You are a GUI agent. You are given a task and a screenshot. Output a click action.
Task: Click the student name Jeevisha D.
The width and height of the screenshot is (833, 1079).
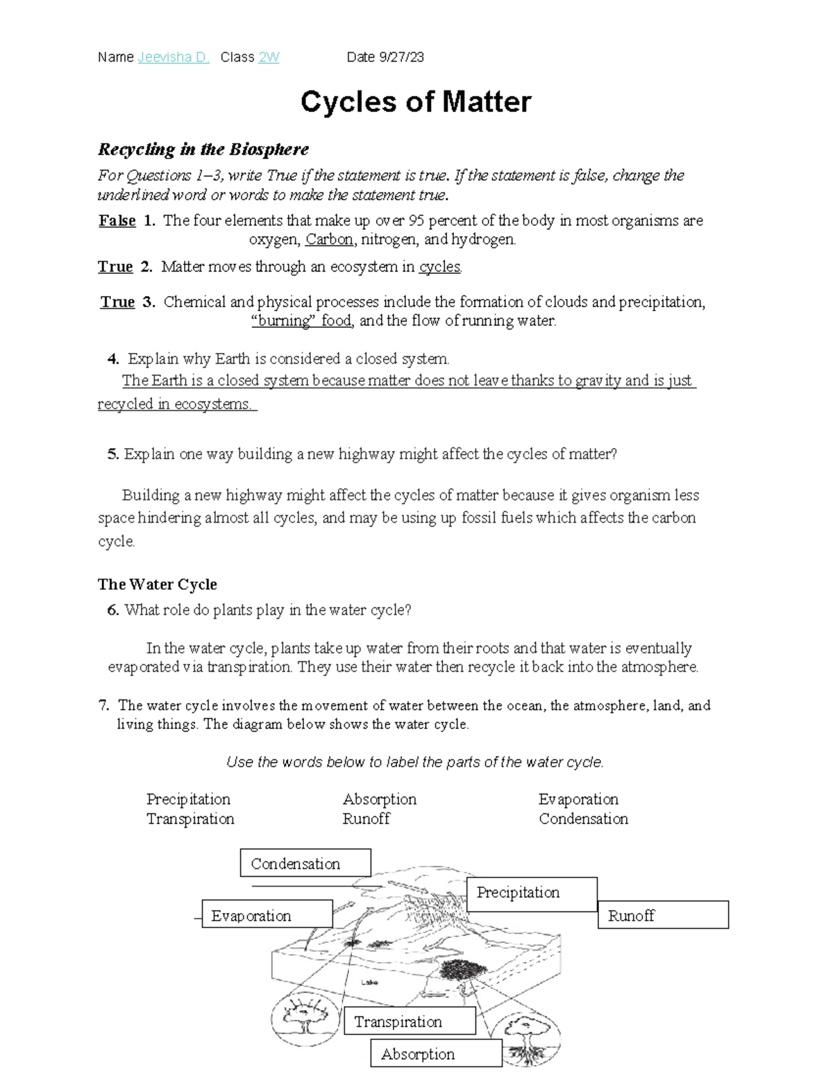point(174,58)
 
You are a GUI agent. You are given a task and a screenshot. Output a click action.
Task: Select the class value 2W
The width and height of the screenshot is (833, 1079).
point(269,58)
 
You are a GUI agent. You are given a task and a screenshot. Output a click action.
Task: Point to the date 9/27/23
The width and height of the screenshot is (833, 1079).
point(401,58)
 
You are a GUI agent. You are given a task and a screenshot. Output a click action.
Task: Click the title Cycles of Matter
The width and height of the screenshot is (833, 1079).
point(416,102)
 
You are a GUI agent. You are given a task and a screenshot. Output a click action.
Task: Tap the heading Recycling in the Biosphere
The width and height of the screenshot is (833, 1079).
point(203,149)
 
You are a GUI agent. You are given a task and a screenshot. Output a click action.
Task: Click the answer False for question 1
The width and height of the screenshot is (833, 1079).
point(117,221)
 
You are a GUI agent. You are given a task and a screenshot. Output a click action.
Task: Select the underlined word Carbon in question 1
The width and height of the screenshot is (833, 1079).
point(329,240)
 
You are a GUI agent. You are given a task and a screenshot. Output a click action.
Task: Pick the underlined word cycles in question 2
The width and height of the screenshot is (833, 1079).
point(439,267)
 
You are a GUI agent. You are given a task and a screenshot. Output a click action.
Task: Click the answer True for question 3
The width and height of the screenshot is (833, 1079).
point(117,302)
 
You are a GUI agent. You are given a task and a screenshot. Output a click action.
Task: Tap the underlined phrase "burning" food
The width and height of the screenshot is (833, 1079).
point(301,321)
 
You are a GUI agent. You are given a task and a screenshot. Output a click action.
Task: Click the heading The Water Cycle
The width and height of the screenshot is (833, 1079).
point(158,584)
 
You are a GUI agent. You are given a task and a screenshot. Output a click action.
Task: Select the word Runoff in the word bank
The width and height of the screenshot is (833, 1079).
point(367,819)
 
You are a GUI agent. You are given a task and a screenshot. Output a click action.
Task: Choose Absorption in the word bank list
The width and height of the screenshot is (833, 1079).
point(380,800)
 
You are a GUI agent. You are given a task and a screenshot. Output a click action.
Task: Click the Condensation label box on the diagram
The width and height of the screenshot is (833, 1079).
point(305,863)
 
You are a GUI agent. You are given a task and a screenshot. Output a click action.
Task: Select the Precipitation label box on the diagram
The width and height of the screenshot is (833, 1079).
point(532,893)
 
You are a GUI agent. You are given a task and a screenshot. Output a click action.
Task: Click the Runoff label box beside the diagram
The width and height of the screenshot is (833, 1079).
point(663,915)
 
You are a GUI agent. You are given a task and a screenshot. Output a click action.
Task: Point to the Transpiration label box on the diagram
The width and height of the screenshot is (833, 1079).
point(410,1021)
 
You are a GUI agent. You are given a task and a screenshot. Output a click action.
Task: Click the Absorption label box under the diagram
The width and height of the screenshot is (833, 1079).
point(436,1053)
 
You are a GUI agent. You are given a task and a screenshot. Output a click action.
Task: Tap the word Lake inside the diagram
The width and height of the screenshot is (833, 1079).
point(369,982)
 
